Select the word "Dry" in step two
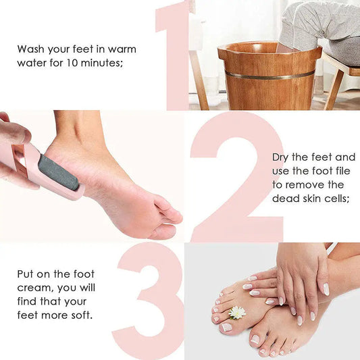tap(282, 156)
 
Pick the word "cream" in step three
tap(32, 288)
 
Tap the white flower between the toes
tap(237, 312)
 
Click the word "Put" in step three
tap(26, 274)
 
